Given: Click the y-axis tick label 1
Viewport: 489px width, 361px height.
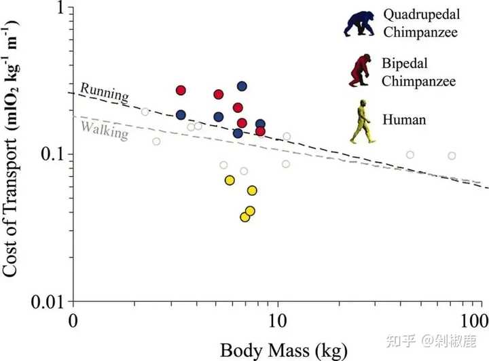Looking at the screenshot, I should [x=58, y=9].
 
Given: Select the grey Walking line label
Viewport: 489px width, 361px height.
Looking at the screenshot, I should [x=104, y=128].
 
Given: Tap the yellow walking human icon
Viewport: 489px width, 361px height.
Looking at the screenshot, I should [x=361, y=122].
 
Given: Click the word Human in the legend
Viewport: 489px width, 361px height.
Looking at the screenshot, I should [x=403, y=120].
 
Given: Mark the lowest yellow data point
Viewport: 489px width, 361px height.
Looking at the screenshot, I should [x=244, y=217].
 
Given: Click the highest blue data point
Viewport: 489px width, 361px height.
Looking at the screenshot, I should [x=242, y=86].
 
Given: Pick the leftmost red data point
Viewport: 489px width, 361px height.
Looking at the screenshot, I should [x=181, y=90].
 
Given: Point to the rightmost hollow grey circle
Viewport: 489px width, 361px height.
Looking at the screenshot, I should [x=452, y=156].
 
